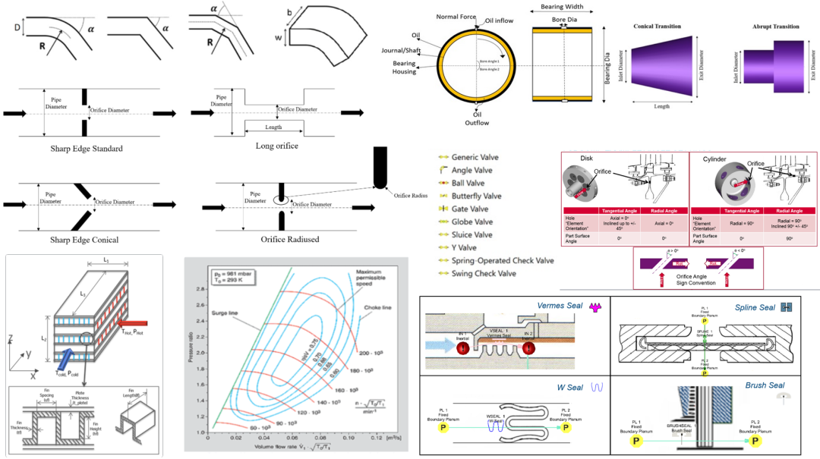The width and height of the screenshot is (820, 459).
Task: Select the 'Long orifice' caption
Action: (277, 145)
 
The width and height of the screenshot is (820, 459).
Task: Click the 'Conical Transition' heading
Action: (657, 27)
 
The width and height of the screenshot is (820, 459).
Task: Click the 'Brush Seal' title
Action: (765, 385)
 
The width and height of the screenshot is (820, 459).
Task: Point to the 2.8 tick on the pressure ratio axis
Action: (201, 289)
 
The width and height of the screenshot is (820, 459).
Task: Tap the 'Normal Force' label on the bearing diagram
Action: (457, 15)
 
